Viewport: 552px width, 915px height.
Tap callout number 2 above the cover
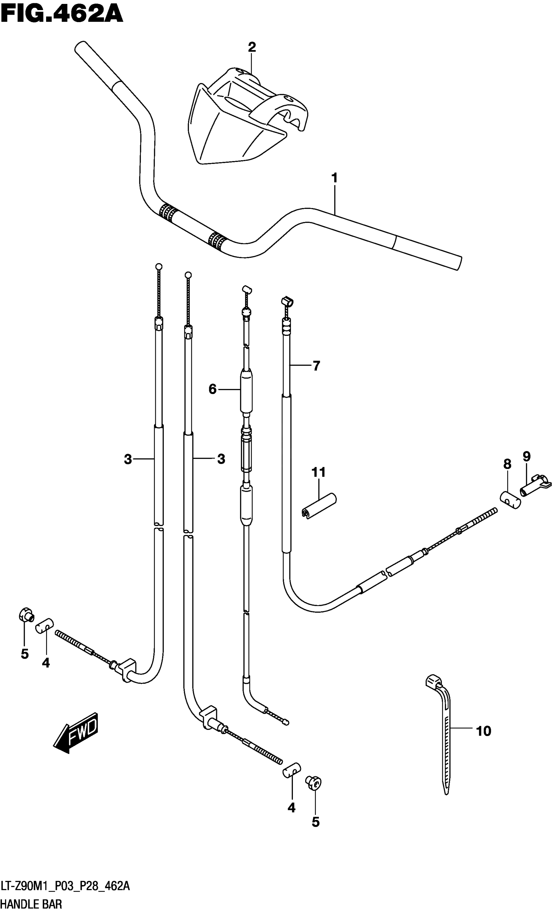pos(252,47)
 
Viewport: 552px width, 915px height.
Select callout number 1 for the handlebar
pos(334,178)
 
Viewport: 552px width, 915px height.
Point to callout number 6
pos(212,389)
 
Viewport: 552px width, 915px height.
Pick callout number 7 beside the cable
pos(316,366)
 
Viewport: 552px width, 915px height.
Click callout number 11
pos(319,472)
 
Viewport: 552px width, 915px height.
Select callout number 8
pos(507,464)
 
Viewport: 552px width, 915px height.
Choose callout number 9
pos(527,456)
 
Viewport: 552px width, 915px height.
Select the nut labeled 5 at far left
pos(26,614)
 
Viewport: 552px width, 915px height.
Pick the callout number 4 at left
pos(46,663)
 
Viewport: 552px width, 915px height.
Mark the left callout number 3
pos(128,459)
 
